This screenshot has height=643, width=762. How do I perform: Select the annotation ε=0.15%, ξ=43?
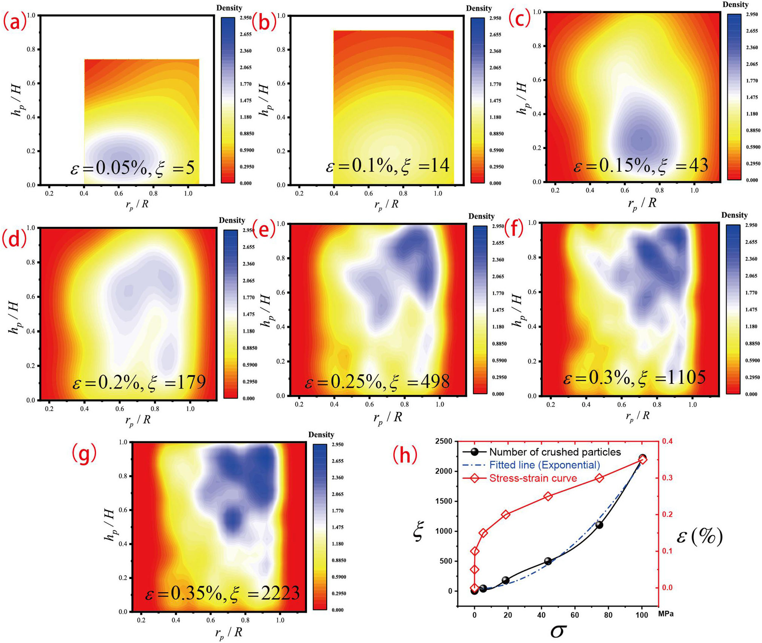641,165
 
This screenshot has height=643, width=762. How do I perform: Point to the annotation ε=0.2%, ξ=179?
139,382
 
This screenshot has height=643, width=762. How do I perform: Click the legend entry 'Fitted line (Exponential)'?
544,465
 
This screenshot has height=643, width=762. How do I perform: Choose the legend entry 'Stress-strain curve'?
533,478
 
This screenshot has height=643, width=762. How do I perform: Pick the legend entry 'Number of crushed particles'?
555,452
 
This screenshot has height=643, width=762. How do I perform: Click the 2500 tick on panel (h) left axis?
444,441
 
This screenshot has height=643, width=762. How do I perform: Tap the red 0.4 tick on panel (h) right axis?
667,441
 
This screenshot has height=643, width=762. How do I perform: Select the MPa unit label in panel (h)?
666,614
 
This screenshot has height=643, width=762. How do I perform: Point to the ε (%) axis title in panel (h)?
700,536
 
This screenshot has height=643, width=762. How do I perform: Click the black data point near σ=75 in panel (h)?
599,525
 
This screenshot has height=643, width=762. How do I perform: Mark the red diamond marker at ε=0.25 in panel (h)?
549,497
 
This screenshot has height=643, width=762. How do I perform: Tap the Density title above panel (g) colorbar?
321,435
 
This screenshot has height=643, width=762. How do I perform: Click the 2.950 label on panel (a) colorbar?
246,18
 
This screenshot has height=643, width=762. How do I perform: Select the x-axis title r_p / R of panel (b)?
387,204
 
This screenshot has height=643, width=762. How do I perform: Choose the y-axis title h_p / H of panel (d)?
14,317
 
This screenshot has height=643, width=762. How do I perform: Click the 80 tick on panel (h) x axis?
608,615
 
